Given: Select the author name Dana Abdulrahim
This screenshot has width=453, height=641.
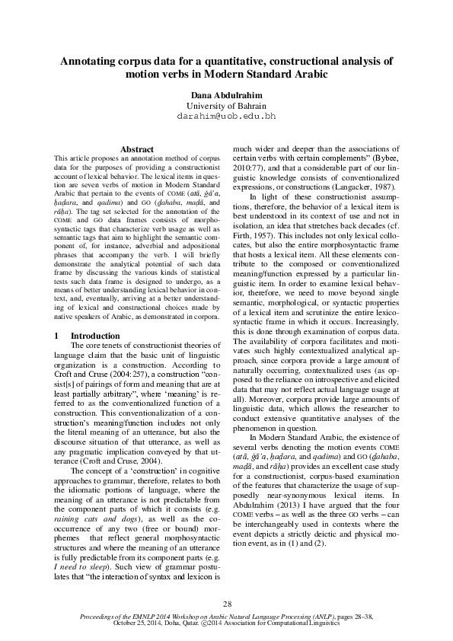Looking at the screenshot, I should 226,93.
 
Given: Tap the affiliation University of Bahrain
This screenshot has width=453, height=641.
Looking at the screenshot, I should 226,104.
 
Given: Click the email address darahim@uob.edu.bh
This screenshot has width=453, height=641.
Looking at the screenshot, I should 226,116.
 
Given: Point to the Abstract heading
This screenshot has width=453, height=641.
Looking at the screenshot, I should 138,149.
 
